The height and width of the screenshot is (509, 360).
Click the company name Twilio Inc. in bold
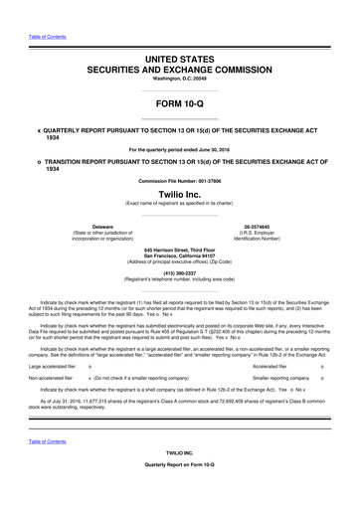pos(179,195)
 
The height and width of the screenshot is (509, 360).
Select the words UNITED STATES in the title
pos(179,34)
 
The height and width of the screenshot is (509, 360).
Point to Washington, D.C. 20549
pos(179,57)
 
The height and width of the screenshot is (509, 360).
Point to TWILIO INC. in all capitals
pos(179,478)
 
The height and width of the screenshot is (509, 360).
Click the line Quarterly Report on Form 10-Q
pos(179,494)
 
